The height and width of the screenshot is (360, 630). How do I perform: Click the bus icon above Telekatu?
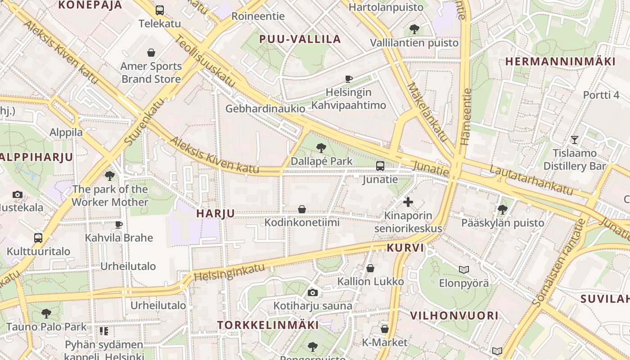click(160, 10)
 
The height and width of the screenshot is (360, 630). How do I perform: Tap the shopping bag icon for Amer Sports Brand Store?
click(151, 53)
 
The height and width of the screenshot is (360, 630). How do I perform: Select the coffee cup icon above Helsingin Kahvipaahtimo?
click(348, 79)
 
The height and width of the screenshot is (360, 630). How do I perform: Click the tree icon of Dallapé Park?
click(321, 148)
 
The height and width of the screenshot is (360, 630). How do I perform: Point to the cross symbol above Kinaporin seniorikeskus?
click(408, 202)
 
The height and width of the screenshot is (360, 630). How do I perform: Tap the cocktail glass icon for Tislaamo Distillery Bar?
click(574, 139)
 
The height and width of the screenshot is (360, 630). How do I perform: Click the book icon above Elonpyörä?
click(464, 270)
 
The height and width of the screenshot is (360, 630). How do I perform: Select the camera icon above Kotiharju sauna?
click(313, 293)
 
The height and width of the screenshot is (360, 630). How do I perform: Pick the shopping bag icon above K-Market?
click(384, 329)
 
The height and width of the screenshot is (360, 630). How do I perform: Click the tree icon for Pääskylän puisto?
click(502, 209)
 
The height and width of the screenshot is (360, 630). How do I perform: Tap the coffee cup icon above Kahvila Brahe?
click(119, 225)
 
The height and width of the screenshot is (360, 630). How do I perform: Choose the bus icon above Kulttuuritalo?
click(38, 238)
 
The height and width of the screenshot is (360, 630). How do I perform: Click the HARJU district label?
click(216, 214)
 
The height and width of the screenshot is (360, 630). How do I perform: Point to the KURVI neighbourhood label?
click(405, 248)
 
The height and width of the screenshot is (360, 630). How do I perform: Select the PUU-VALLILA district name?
click(300, 39)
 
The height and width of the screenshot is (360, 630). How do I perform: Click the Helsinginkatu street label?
click(229, 271)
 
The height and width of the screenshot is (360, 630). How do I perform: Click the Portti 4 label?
click(601, 95)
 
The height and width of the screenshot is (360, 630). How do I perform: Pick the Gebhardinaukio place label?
click(265, 109)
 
